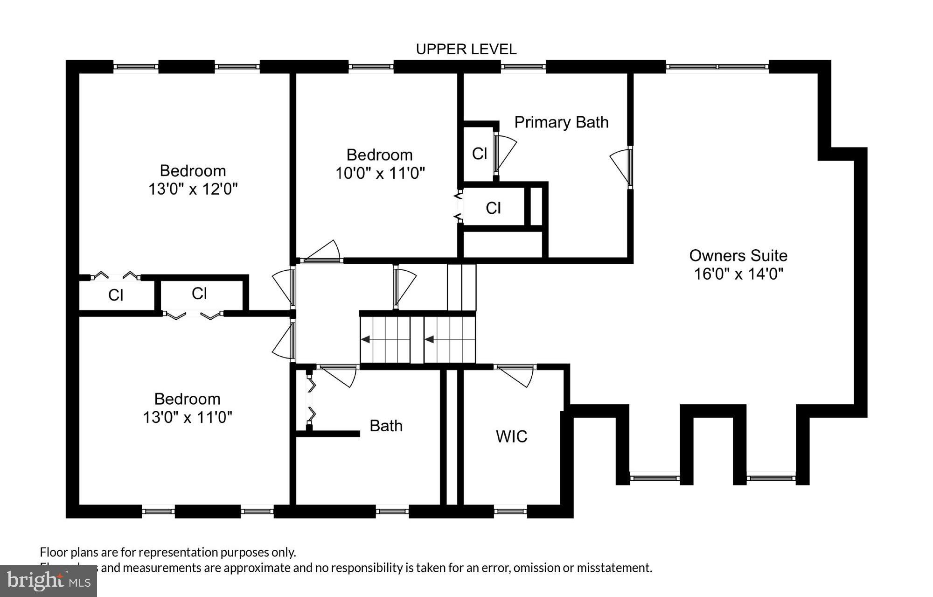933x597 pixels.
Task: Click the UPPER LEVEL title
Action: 466,49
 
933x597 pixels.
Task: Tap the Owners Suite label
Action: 738,255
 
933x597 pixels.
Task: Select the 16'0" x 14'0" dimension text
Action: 738,274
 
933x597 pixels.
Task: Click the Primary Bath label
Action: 561,122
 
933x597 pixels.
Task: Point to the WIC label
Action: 511,436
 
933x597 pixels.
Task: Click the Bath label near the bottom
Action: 386,426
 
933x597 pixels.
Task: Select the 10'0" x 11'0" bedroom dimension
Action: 380,174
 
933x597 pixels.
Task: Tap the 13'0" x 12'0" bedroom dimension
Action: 193,189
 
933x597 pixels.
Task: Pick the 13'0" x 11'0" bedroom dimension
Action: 187,417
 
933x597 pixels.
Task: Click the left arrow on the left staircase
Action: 366,339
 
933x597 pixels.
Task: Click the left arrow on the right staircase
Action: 429,339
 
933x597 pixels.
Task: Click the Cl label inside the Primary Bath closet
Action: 479,154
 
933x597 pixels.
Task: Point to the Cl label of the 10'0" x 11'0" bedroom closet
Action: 493,208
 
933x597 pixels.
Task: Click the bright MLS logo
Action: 49,581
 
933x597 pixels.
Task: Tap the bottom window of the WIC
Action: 510,512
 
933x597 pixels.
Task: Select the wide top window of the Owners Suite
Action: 717,67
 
